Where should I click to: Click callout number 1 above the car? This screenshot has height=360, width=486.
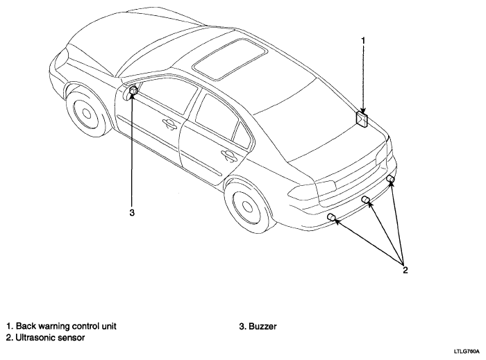pos(363,41)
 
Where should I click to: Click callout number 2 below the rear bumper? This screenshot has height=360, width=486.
pos(405,271)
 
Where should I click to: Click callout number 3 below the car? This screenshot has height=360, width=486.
pos(132,213)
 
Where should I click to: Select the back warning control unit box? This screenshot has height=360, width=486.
pos(362,119)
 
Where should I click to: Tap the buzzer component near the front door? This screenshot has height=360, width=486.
pos(133,90)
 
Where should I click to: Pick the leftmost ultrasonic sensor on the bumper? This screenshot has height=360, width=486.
pos(332,217)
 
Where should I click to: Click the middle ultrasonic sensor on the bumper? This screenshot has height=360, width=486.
pos(366,200)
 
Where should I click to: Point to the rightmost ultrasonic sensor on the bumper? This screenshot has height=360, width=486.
pos(390,178)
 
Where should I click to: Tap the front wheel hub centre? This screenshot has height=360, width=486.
pos(87,114)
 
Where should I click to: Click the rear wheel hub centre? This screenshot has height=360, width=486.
pos(247,207)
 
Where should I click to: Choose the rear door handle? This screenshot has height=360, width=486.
pos(228,155)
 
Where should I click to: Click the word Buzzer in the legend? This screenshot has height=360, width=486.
pos(262,326)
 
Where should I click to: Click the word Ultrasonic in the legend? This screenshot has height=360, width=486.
pos(33,337)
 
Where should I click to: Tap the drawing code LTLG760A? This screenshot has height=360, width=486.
pos(467,352)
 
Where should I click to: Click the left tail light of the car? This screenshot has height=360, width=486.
pos(312,190)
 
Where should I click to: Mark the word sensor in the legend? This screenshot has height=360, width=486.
pos(69,337)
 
